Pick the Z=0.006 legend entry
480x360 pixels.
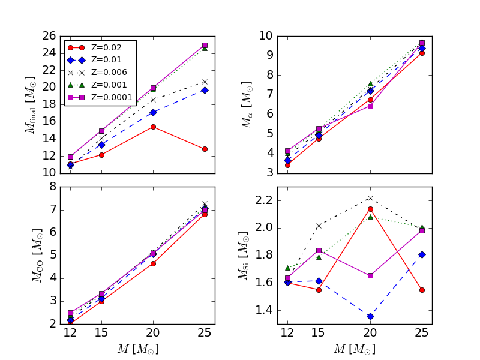pyautogui.click(x=100, y=72)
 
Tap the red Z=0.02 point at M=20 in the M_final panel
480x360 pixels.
pyautogui.click(x=153, y=127)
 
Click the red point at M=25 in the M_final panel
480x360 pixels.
pyautogui.click(x=205, y=149)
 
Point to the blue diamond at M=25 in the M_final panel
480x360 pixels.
pyautogui.click(x=205, y=90)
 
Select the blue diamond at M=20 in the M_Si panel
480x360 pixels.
pyautogui.click(x=370, y=316)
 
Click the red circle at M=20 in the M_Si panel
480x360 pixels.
pyautogui.click(x=370, y=209)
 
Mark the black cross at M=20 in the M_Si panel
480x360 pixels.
pyautogui.click(x=370, y=198)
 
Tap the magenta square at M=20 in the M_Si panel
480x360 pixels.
pyautogui.click(x=370, y=275)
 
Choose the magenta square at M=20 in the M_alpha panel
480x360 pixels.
pyautogui.click(x=370, y=106)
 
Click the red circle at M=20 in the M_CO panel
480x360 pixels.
pyautogui.click(x=153, y=263)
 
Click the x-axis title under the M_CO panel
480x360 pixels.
pyautogui.click(x=137, y=349)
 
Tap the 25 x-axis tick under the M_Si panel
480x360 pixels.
pyautogui.click(x=422, y=332)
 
